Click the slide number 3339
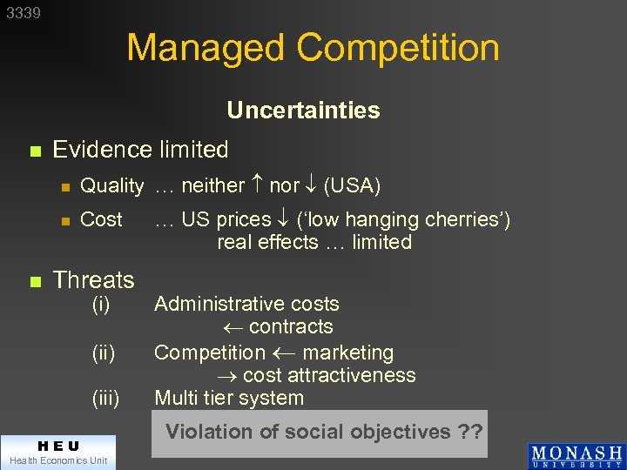coord(23,13)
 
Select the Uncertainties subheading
coord(303,111)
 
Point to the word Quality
coord(111,185)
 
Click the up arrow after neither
coord(257,185)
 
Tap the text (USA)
coord(352,185)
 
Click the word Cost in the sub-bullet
coord(101,219)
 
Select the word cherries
coord(467,219)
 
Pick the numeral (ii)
coord(104,353)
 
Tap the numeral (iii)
coord(105,399)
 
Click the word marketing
coord(347,353)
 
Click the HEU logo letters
coord(57,446)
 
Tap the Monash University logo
coord(576,457)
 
